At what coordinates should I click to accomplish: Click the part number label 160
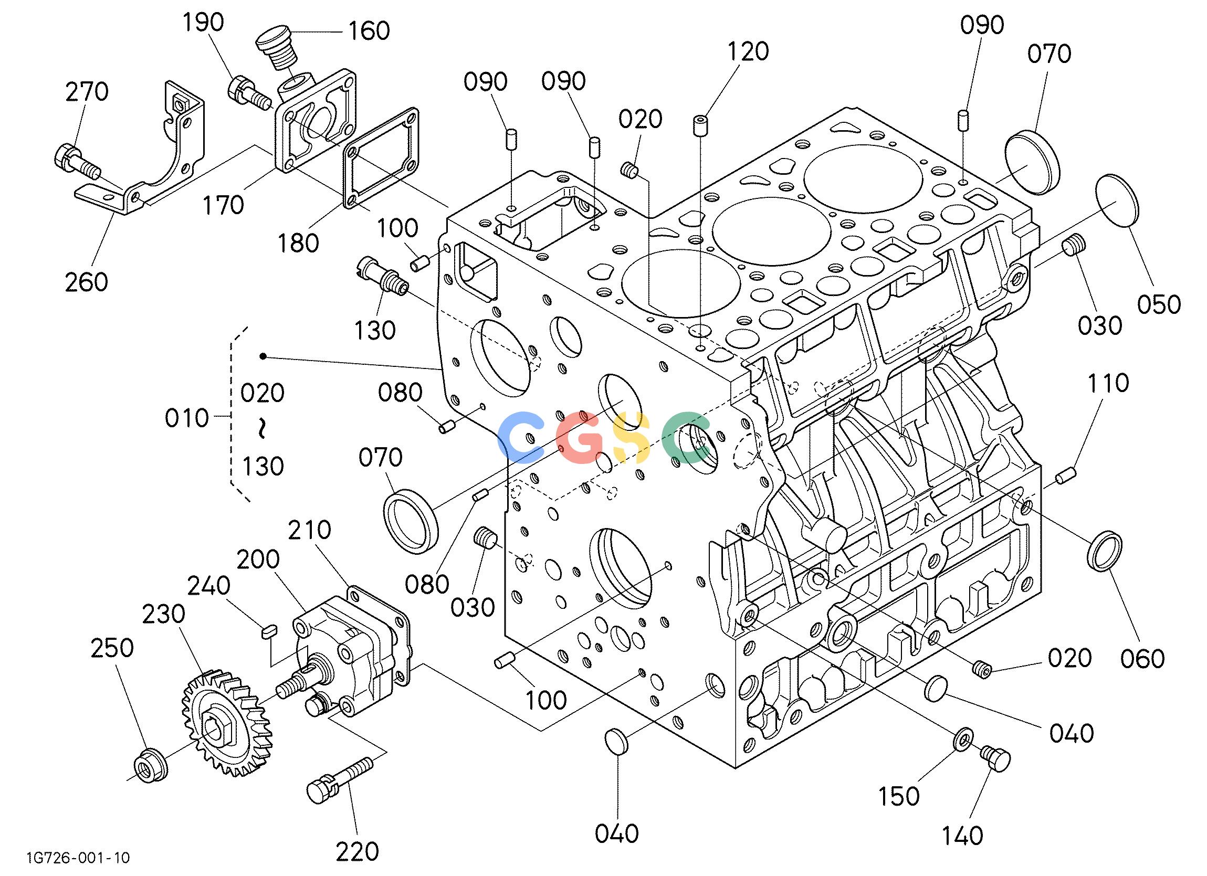tap(369, 31)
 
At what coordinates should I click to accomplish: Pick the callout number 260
tap(86, 281)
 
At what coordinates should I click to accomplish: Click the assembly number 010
tap(186, 418)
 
